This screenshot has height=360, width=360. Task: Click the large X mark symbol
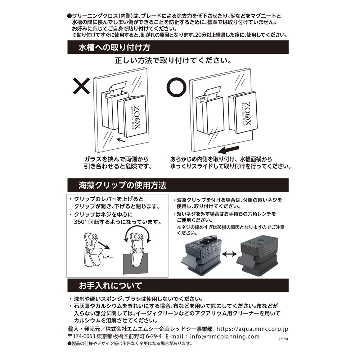point(81,86)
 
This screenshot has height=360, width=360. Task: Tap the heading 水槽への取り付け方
point(114,48)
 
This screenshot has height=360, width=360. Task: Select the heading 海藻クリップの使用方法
point(122,185)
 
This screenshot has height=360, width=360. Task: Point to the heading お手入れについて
point(111,285)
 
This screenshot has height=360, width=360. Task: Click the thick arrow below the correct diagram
point(228,150)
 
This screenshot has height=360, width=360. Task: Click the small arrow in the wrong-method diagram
point(121,140)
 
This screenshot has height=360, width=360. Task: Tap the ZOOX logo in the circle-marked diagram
point(246,114)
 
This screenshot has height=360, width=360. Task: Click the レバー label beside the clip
point(108,257)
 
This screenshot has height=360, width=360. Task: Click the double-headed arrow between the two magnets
point(230,254)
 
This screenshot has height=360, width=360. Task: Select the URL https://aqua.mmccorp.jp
point(252,329)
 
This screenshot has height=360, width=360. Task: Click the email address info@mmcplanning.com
point(225,337)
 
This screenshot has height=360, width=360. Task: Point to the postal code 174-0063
point(84,337)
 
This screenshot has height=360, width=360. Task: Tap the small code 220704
point(283,339)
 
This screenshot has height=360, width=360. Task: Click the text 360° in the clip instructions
point(80,222)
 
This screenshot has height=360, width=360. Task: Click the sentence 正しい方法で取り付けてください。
point(174,60)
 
